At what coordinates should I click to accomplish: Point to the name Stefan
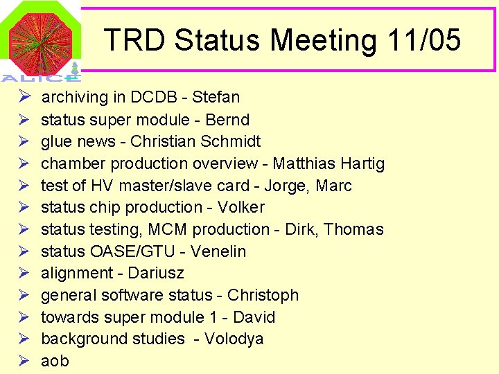[x=216, y=97]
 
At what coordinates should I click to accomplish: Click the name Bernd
[x=227, y=120]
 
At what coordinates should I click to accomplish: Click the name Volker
[x=241, y=207]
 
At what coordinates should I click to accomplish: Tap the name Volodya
[x=234, y=339]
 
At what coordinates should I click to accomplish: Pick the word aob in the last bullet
[x=55, y=361]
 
